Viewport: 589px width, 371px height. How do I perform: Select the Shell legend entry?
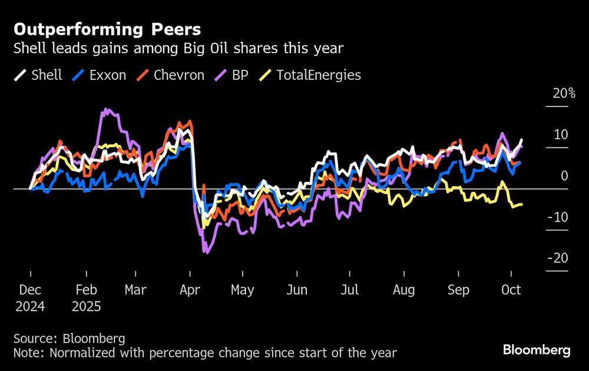(x=38, y=75)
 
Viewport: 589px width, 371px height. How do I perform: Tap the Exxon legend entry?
(x=100, y=75)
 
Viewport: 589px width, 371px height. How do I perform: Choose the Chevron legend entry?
(x=171, y=75)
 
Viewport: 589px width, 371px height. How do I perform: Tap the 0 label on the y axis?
(x=564, y=176)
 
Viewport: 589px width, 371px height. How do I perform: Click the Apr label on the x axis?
(x=190, y=290)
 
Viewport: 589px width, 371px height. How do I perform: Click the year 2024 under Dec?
(x=30, y=307)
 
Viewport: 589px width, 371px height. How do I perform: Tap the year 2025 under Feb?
(x=87, y=307)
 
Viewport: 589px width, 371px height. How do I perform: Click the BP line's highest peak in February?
(x=105, y=109)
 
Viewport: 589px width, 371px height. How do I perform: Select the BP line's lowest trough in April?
(x=205, y=252)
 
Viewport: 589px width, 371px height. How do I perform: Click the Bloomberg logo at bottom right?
(x=537, y=350)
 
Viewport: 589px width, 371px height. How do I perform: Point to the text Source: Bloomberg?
(x=69, y=339)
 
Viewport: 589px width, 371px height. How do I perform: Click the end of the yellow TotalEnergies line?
(x=522, y=204)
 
